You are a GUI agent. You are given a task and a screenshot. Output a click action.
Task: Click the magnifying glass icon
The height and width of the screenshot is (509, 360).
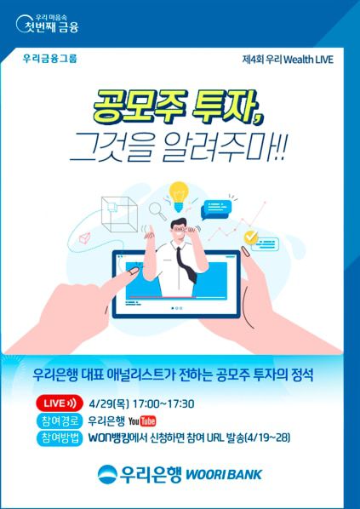click(x=157, y=208)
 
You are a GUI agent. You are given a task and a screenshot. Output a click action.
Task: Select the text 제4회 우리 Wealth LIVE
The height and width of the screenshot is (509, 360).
click(x=288, y=60)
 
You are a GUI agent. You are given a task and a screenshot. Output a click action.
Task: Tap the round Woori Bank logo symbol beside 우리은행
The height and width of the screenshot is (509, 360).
click(x=109, y=474)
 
